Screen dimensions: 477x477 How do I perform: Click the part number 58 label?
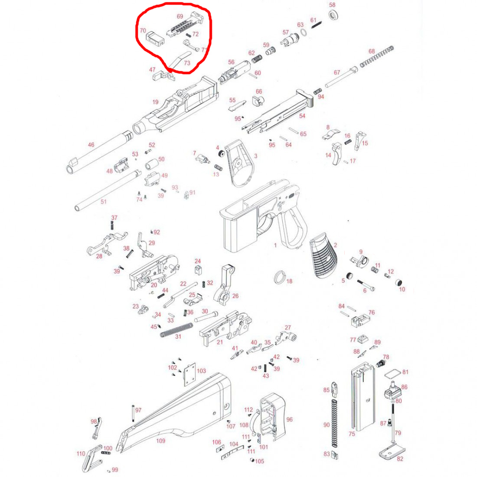tap(332, 5)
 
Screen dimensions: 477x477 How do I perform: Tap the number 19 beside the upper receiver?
tap(155, 102)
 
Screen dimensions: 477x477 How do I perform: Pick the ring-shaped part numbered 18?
tap(280, 277)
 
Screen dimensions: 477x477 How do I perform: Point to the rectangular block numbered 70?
tap(155, 39)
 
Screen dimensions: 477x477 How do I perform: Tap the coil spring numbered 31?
tap(176, 330)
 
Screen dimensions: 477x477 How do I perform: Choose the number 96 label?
tap(289, 419)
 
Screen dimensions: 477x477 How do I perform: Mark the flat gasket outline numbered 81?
tap(392, 374)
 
